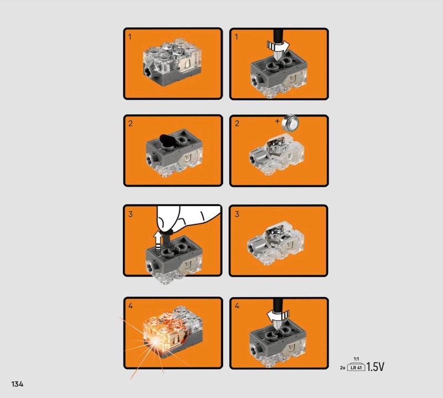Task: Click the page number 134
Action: point(17,384)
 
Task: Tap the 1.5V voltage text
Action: point(375,366)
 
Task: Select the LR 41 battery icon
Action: point(356,368)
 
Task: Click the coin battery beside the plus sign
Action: point(292,122)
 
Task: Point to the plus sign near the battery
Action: point(277,121)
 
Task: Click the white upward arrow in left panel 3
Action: point(158,241)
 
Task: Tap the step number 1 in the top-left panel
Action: point(130,37)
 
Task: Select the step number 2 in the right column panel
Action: point(237,123)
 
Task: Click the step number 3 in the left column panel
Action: point(130,214)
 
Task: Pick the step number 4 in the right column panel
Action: point(237,305)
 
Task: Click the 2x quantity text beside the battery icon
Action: point(343,368)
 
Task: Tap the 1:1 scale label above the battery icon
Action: point(356,359)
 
